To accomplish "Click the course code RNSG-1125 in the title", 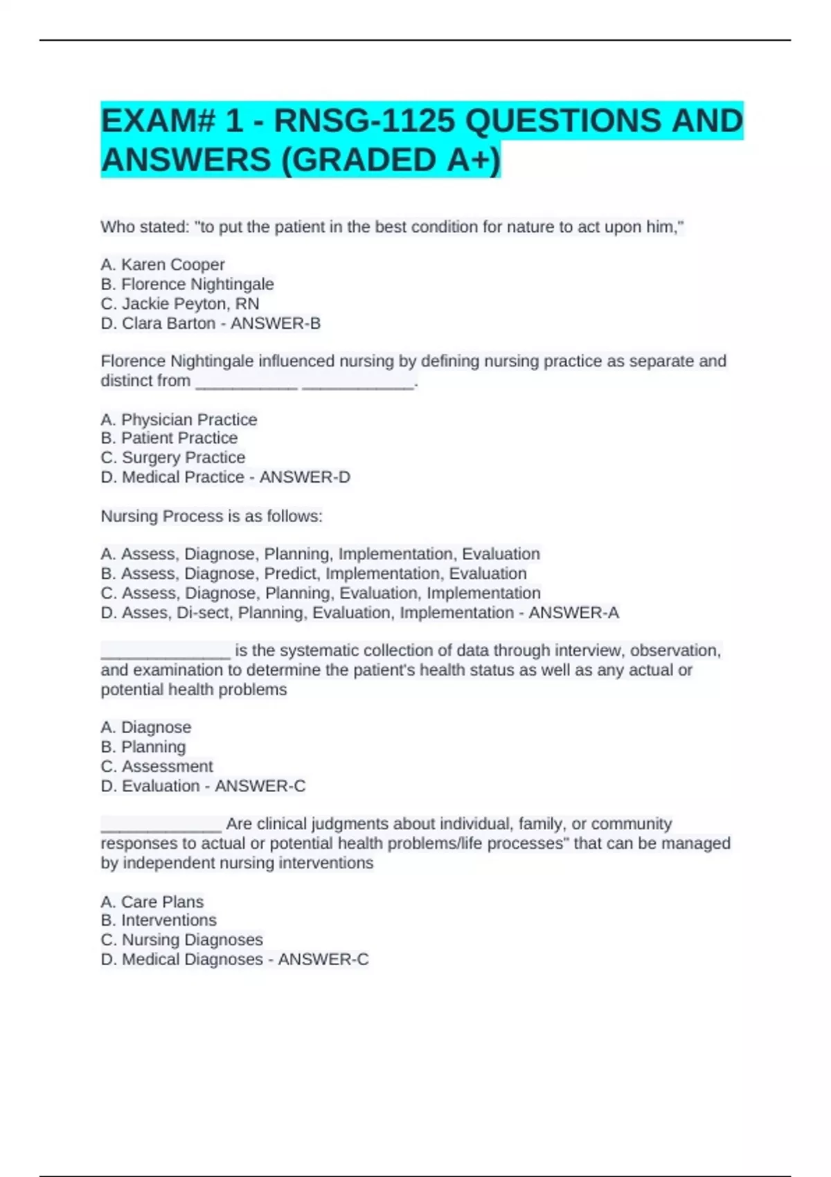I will pos(364,121).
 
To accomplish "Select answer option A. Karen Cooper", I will pos(163,264).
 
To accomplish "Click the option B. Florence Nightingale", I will pos(187,284).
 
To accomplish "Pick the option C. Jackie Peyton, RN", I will pos(180,303).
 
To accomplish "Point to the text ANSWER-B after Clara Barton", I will pos(276,323).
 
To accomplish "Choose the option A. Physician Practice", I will pos(179,420).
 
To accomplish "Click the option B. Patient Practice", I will pos(169,438).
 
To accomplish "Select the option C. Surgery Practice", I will pos(172,458).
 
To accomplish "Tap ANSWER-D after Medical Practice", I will pos(305,477).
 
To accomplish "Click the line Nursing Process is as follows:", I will pos(211,516).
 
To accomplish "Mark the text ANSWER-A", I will pos(574,613).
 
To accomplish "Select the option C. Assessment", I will pos(157,766).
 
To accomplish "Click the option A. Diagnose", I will pos(145,727).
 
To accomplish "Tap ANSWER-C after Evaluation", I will pos(260,786).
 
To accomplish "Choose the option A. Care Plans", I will pos(152,901).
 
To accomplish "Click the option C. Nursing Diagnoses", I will pos(181,940).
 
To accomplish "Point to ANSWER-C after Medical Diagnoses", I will pos(323,959).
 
